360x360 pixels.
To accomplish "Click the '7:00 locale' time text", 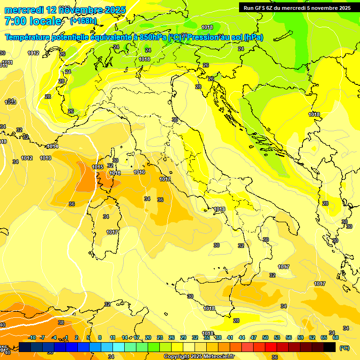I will pyautogui.click(x=33, y=21).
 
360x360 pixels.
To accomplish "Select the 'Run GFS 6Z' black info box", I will pyautogui.click(x=297, y=7).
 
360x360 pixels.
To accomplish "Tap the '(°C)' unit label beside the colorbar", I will pyautogui.click(x=344, y=347).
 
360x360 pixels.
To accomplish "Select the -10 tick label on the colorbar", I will pyautogui.click(x=32, y=337).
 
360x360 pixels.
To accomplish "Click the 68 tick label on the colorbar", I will pyautogui.click(x=336, y=337).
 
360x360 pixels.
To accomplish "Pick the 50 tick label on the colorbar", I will pyautogui.click(x=265, y=337).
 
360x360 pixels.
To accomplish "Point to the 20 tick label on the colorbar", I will pyautogui.click(x=148, y=337).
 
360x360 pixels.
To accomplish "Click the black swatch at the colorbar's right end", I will pyautogui.click(x=330, y=347).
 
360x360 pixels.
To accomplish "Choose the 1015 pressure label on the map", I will pyautogui.click(x=97, y=167).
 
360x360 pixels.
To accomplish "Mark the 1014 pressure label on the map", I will pyautogui.click(x=52, y=146).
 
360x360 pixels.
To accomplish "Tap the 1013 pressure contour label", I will pyautogui.click(x=45, y=158).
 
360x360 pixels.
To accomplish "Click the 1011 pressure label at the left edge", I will pyautogui.click(x=7, y=62).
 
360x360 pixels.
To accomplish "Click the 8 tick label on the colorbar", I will pyautogui.click(x=100, y=337).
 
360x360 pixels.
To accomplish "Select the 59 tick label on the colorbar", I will pyautogui.click(x=300, y=337).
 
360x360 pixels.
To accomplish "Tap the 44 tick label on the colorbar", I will pyautogui.click(x=242, y=337).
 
